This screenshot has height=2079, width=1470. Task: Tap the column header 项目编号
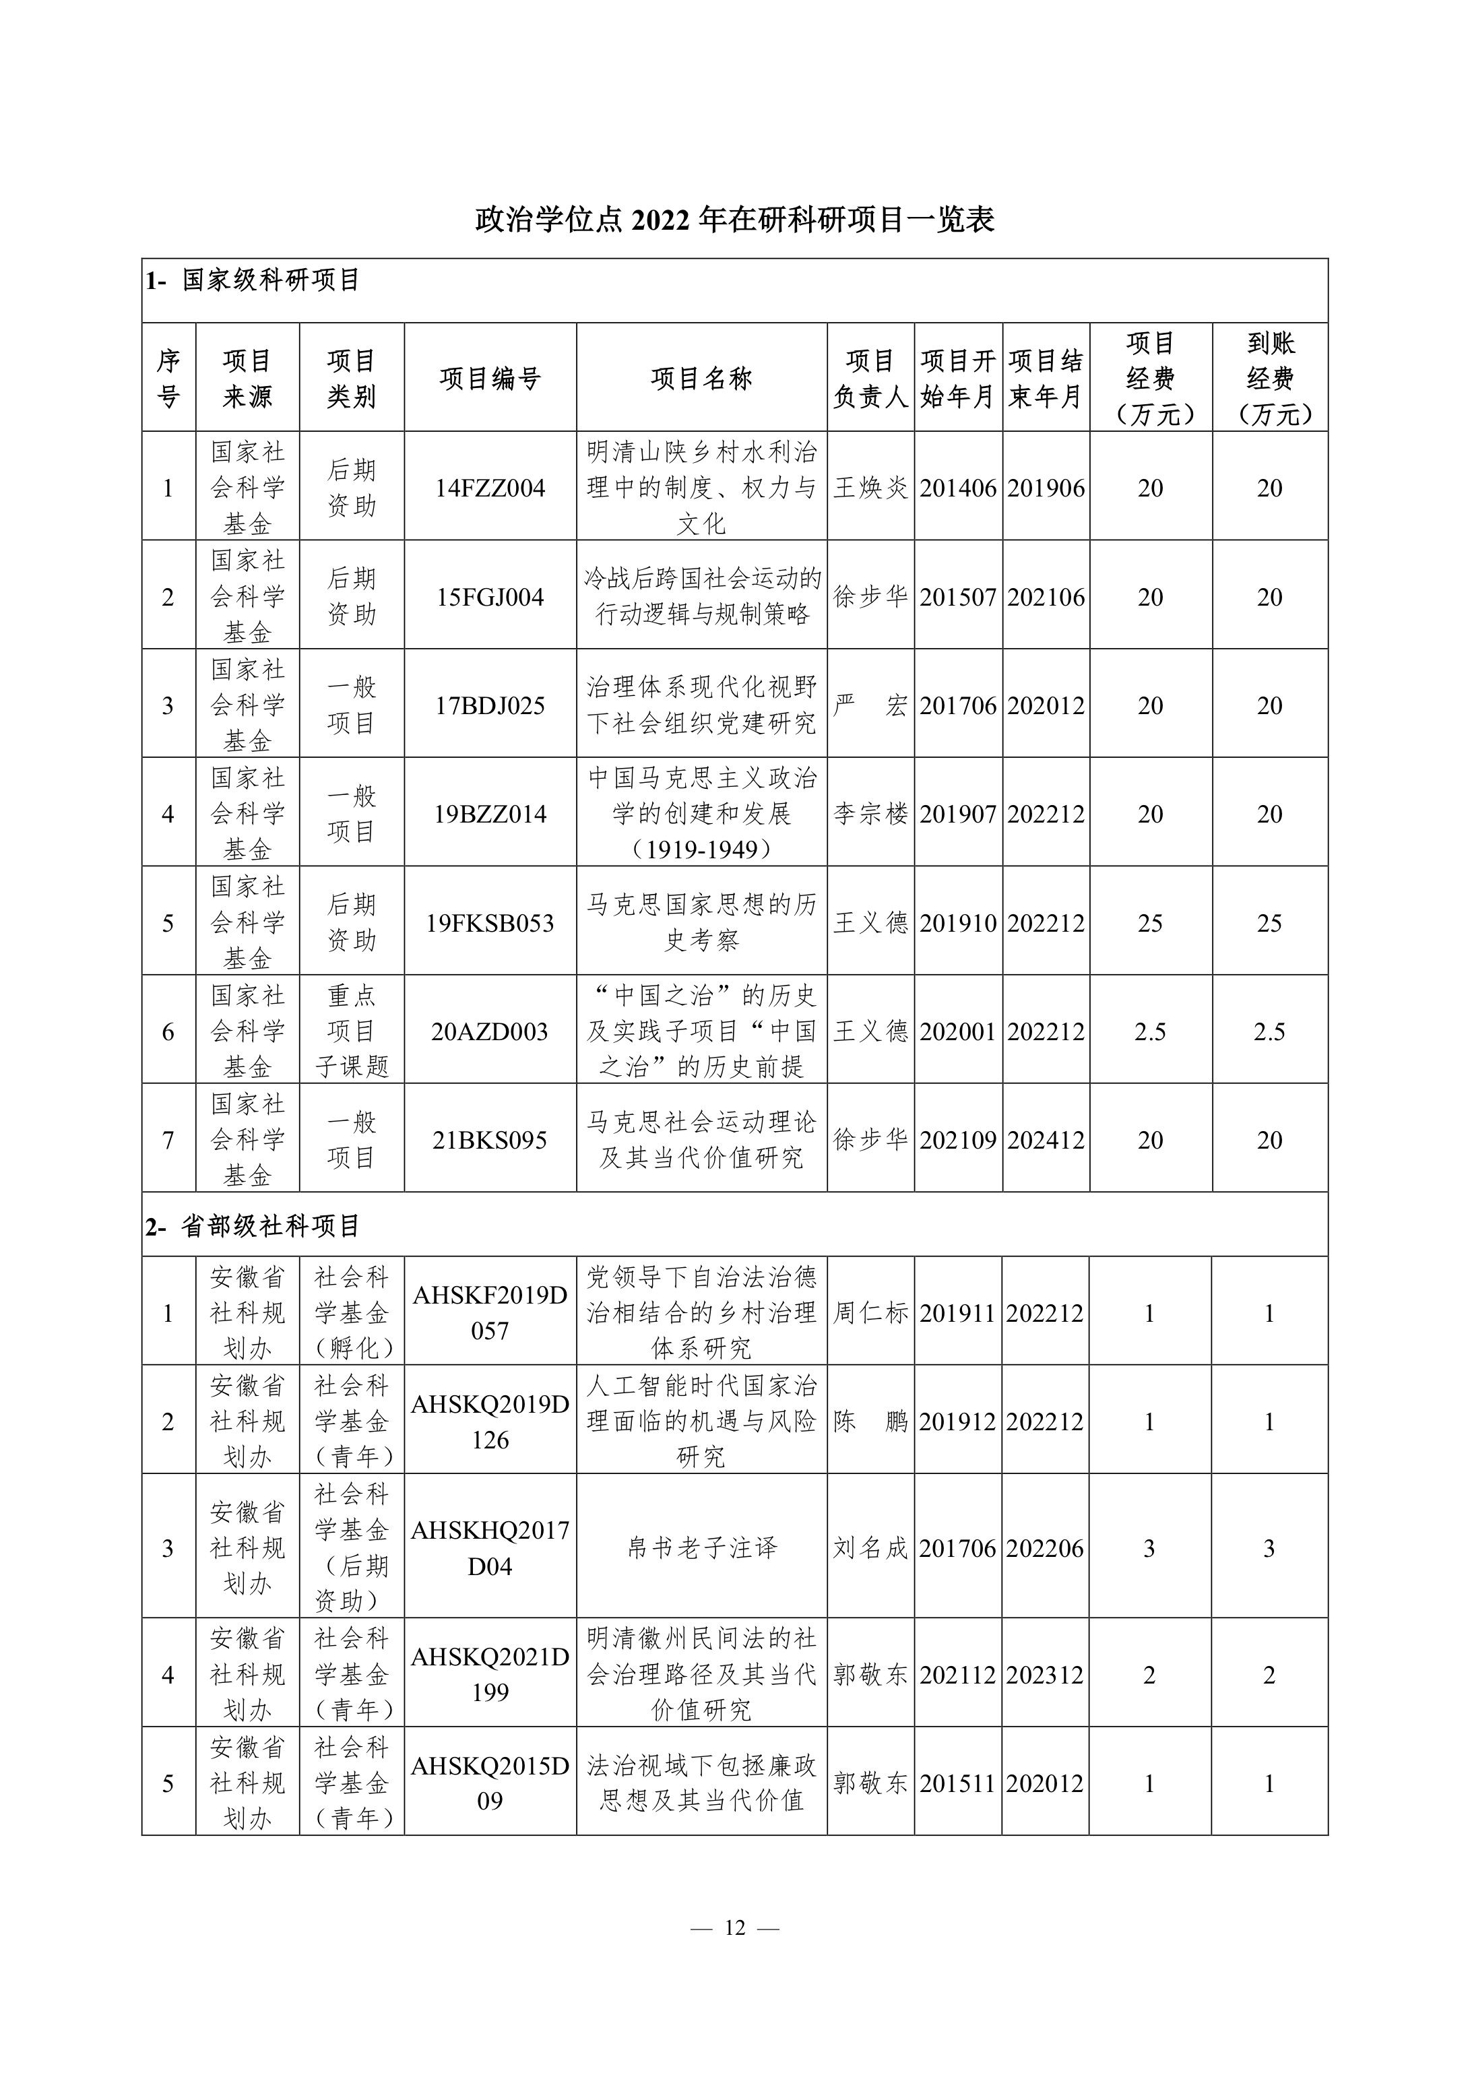pyautogui.click(x=490, y=379)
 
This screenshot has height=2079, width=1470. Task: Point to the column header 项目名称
pyautogui.click(x=701, y=379)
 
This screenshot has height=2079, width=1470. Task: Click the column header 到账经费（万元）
pyautogui.click(x=1269, y=379)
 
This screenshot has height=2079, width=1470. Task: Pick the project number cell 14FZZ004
pyautogui.click(x=490, y=488)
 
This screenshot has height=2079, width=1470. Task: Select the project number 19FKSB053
pyautogui.click(x=490, y=923)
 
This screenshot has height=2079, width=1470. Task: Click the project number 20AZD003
pyautogui.click(x=490, y=1031)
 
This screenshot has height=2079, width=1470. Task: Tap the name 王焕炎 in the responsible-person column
pyautogui.click(x=870, y=488)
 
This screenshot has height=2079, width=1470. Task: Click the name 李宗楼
pyautogui.click(x=870, y=814)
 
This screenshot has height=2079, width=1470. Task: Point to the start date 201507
pyautogui.click(x=957, y=597)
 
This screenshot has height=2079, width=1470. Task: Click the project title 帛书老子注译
pyautogui.click(x=701, y=1547)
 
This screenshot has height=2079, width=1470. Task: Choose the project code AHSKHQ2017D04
pyautogui.click(x=490, y=1547)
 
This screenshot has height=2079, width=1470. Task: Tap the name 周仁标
pyautogui.click(x=870, y=1313)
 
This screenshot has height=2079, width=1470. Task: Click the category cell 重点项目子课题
pyautogui.click(x=352, y=1031)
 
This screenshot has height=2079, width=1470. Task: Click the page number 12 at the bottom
pyautogui.click(x=734, y=1928)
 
